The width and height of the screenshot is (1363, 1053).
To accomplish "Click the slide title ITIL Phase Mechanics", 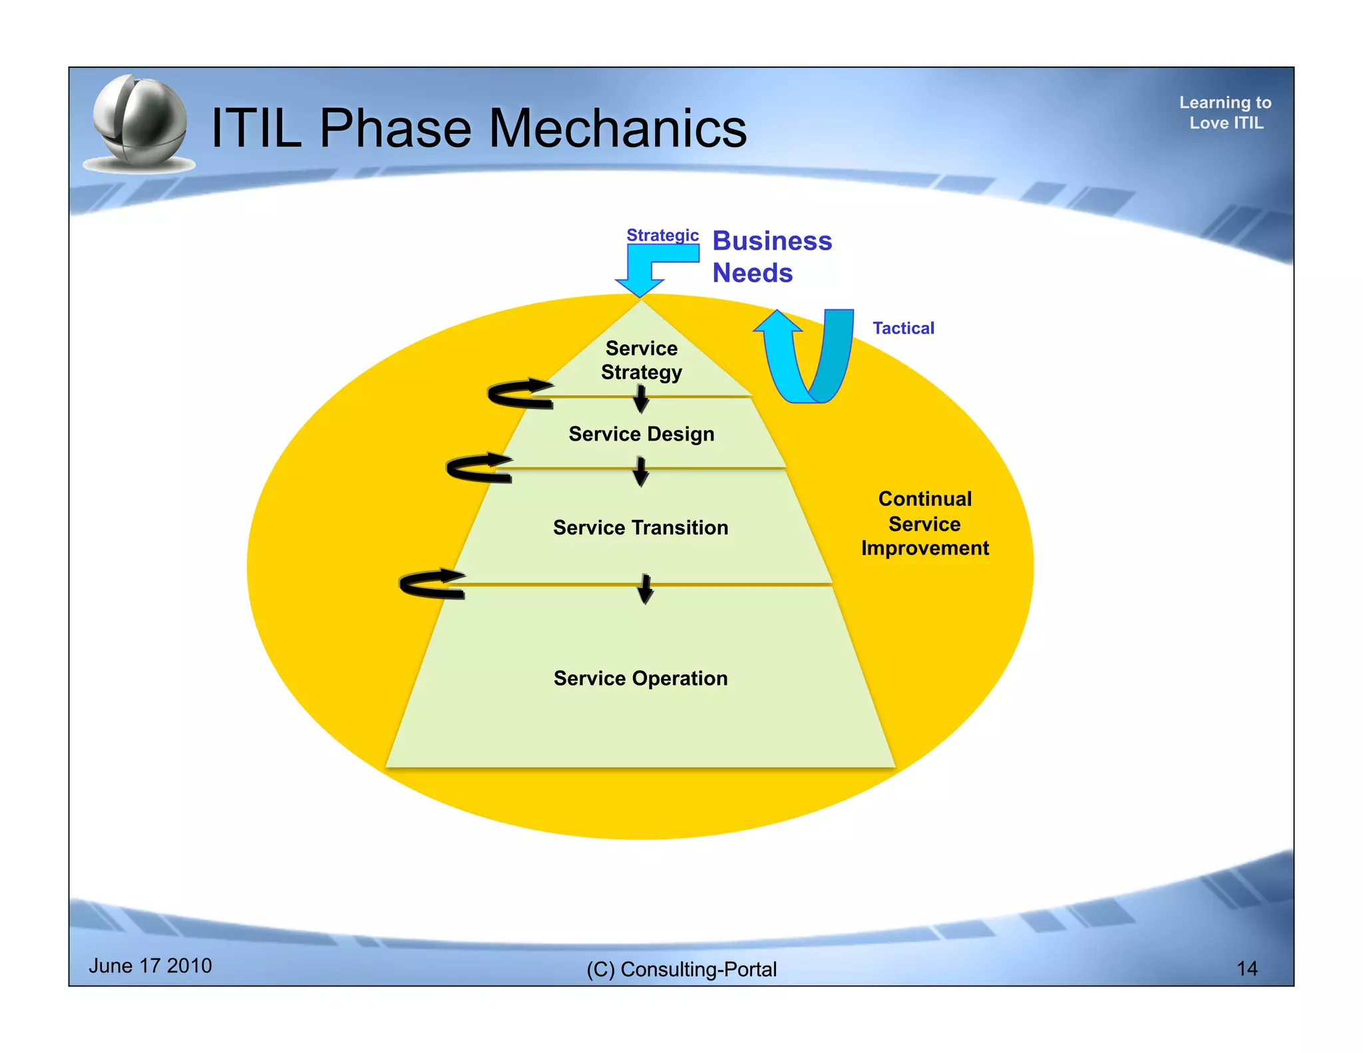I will coord(478,128).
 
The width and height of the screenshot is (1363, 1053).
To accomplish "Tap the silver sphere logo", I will coord(140,124).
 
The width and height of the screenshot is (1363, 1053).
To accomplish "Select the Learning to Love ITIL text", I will coord(1225,112).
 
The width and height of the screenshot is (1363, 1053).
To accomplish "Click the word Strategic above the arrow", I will coord(662,235).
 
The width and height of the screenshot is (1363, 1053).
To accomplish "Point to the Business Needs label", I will coord(771,256).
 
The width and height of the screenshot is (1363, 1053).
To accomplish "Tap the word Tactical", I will coord(903,328).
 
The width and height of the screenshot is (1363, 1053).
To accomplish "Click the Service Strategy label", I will coord(642,360).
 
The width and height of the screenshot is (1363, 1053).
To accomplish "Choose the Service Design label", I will coord(642,434).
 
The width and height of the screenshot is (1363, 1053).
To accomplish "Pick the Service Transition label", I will coord(640,528).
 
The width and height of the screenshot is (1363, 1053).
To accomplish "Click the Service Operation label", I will coord(640,678).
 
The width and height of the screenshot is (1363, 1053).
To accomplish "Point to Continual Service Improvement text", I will coord(924,523).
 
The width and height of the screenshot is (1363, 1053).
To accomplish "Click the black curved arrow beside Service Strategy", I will coord(519,394).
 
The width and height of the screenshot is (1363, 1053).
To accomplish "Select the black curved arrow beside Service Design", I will coord(478,468).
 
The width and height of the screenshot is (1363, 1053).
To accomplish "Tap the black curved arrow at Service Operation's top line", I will coord(431,584).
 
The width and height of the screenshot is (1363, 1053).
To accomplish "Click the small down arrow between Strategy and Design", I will coord(641,399).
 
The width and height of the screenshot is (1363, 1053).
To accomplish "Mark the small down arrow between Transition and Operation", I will coord(645,588).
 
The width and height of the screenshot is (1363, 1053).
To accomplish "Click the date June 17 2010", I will coord(150,966).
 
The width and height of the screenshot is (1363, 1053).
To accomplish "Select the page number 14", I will coord(1247,968).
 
